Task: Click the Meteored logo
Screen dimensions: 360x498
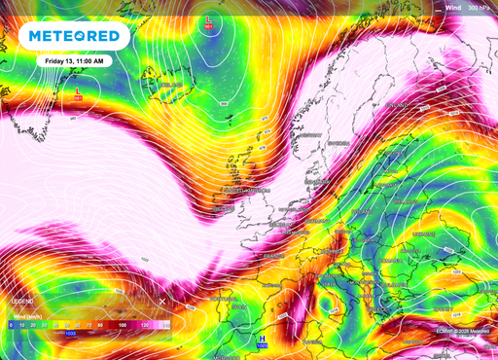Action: click(x=74, y=37)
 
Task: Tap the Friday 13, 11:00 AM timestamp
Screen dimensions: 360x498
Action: click(x=70, y=60)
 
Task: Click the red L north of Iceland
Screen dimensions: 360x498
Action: click(x=209, y=20)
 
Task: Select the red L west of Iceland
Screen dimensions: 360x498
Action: click(x=78, y=93)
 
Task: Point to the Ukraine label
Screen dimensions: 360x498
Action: click(x=424, y=234)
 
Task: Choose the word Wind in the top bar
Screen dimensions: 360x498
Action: click(x=452, y=7)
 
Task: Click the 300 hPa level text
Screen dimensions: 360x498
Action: click(x=478, y=7)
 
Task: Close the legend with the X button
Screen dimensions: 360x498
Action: click(x=162, y=289)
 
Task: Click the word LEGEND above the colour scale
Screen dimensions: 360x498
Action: click(x=22, y=303)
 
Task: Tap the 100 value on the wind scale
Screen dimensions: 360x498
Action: click(x=123, y=324)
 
